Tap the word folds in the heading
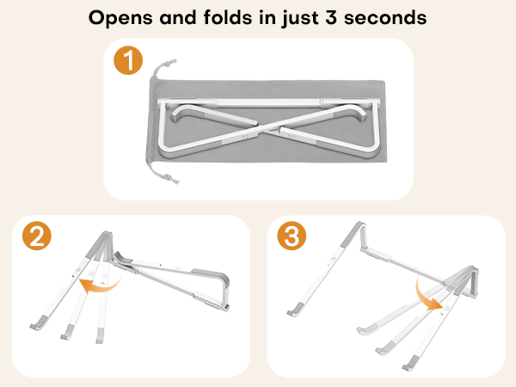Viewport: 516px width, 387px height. coord(228,17)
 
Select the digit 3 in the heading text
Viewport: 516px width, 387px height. coord(331,17)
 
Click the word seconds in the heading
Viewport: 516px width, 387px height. coord(385,17)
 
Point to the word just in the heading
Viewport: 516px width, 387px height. coord(300,18)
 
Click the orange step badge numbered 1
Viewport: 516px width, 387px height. coord(128,60)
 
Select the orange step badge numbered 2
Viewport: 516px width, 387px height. coord(37,236)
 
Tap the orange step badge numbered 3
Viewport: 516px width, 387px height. coord(292,236)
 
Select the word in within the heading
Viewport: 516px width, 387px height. coord(267,17)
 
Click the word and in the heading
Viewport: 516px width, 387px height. coord(178,17)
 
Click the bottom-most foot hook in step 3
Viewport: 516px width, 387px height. coord(411,363)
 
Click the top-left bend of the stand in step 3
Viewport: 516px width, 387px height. coord(359,227)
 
